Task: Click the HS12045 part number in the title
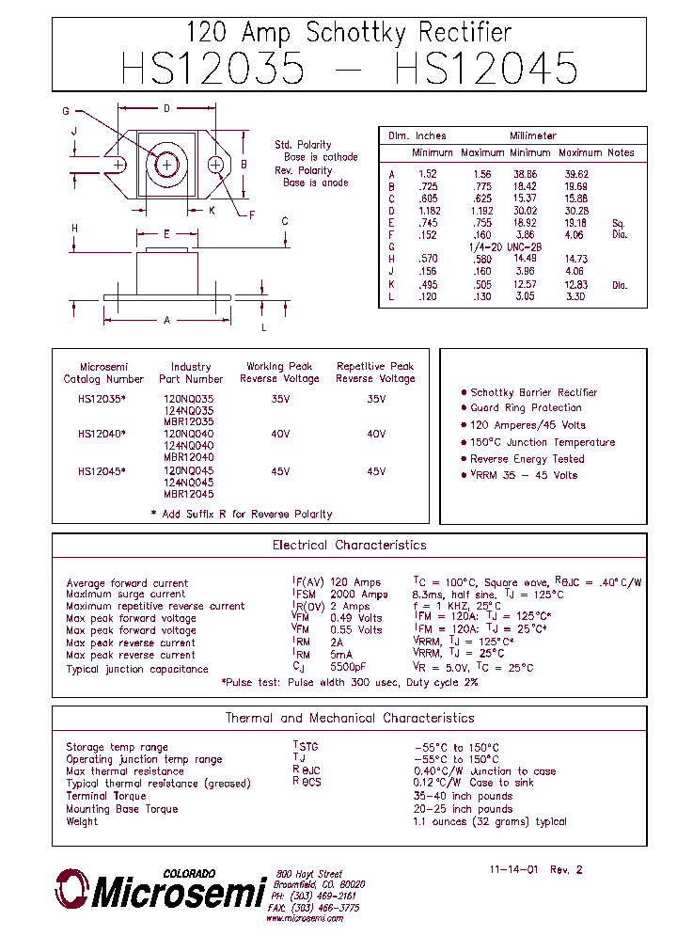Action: pos(486,70)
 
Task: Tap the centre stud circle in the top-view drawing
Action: pos(167,165)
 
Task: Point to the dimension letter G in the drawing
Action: pos(66,111)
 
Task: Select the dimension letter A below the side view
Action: pos(166,321)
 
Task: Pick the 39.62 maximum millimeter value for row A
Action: pos(575,174)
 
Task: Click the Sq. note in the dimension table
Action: pos(618,223)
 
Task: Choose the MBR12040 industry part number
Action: pos(188,458)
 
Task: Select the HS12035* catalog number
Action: pos(102,398)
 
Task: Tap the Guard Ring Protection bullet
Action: pos(526,408)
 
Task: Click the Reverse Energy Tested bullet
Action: pos(527,459)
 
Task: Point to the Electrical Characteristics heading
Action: pos(349,546)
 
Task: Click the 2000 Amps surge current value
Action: pos(358,595)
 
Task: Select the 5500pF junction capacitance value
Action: pos(348,669)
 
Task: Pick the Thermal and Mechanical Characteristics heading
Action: pos(349,719)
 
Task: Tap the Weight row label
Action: pos(82,821)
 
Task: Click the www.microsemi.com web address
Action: pos(304,918)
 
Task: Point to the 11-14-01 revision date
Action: pos(513,870)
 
